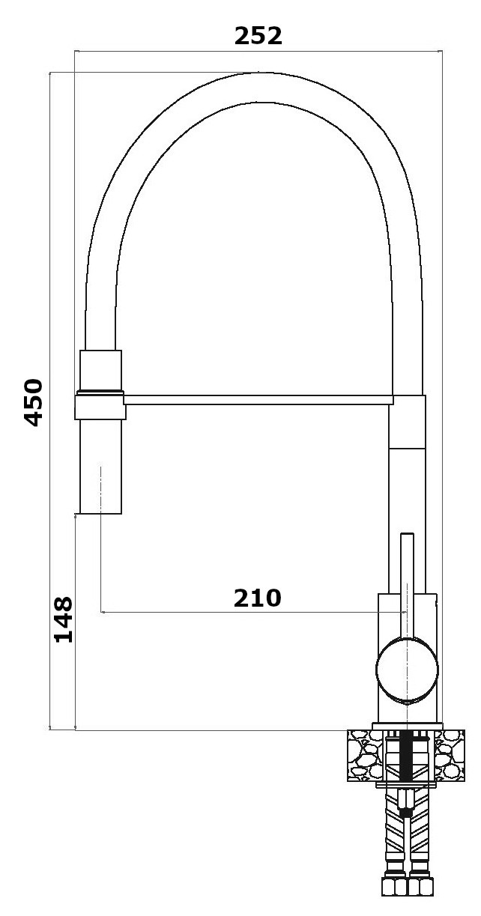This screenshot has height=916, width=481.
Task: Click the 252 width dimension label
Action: click(x=258, y=36)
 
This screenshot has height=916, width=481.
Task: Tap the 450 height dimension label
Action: click(x=33, y=402)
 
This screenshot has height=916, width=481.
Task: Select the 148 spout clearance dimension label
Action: click(x=64, y=619)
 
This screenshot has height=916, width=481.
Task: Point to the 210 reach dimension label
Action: click(x=257, y=598)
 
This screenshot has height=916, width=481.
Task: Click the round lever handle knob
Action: click(x=407, y=670)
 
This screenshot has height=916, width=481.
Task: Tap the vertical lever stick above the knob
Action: click(x=407, y=586)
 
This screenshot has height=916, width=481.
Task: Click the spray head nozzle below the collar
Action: click(x=100, y=466)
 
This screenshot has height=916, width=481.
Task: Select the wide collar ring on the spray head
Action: click(x=100, y=405)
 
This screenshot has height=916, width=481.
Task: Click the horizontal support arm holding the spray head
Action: click(x=258, y=400)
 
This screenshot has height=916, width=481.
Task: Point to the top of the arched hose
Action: click(x=253, y=88)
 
